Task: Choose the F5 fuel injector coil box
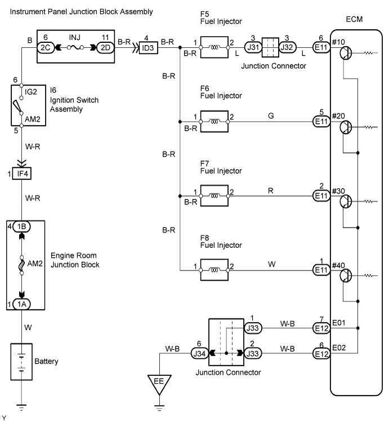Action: pyautogui.click(x=214, y=49)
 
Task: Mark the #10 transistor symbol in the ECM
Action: pyautogui.click(x=346, y=52)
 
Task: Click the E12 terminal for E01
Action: pyautogui.click(x=321, y=328)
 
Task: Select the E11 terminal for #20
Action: pyautogui.click(x=321, y=121)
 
